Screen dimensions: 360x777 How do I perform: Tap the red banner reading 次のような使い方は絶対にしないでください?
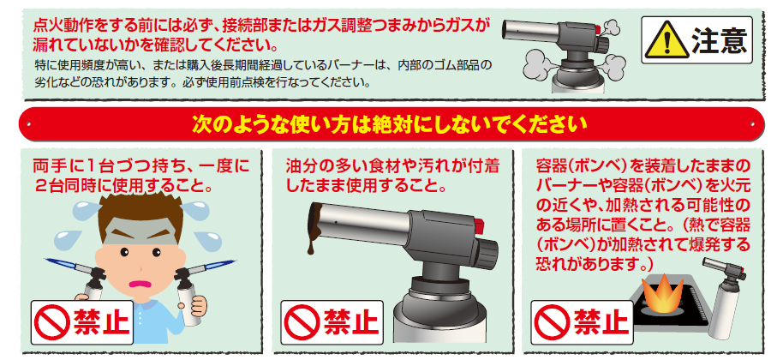(388, 123)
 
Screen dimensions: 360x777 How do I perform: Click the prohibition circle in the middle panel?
(302, 323)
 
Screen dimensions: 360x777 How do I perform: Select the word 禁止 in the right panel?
(598, 323)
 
